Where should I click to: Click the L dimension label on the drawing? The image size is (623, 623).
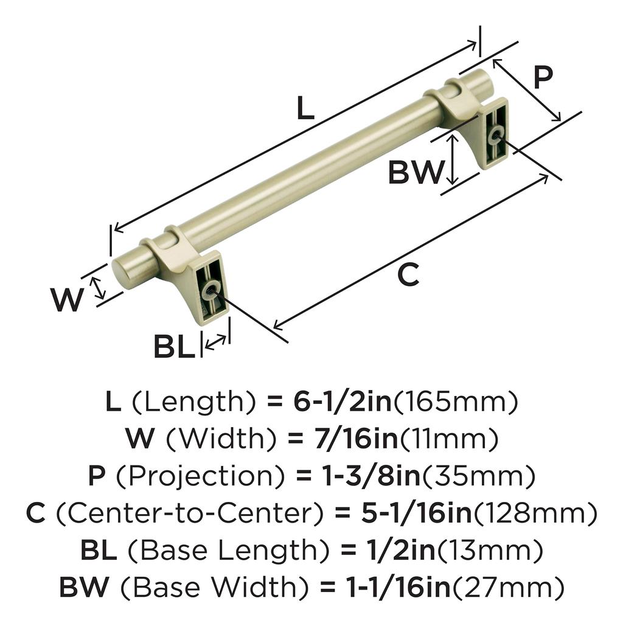[305, 108]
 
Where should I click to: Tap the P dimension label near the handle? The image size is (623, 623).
[543, 77]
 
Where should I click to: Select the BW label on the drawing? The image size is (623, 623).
[416, 172]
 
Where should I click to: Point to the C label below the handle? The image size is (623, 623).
[408, 274]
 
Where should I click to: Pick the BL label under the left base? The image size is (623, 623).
[174, 347]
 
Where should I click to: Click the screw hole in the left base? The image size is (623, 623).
[210, 290]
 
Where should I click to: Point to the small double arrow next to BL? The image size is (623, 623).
[216, 343]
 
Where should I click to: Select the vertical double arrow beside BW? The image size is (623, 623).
[451, 159]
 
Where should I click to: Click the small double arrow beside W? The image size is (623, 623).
[98, 288]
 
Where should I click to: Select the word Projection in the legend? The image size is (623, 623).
[200, 476]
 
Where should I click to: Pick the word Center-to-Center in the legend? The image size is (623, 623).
[189, 513]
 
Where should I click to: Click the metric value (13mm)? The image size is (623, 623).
[489, 550]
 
